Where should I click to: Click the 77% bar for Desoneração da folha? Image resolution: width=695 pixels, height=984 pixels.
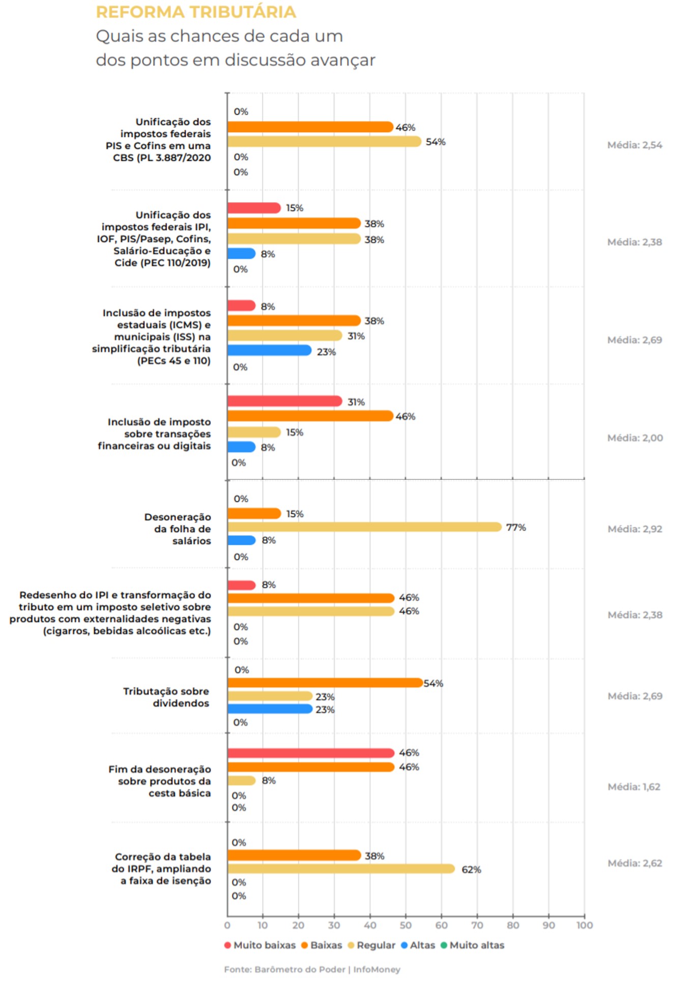point(364,527)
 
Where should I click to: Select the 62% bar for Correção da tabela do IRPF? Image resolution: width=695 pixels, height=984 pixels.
point(341,868)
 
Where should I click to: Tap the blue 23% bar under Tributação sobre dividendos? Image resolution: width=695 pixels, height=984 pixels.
point(270,708)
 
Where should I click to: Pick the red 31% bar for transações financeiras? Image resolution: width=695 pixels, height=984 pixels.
point(284,401)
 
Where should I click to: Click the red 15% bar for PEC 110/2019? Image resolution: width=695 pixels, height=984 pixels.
point(254,208)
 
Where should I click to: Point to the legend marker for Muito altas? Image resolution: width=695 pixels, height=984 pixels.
point(444,945)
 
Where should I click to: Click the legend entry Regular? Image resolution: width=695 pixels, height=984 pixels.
point(375,945)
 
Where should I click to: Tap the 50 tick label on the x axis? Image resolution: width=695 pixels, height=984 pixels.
point(406,925)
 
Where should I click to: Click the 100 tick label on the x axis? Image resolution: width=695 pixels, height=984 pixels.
point(585,925)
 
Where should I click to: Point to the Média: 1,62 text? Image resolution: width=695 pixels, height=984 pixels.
point(634,787)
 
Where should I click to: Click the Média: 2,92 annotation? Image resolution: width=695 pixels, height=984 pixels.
point(635,529)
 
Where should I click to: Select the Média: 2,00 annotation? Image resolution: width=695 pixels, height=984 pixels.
point(635,438)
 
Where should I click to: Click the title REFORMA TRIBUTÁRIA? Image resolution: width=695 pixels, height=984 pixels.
point(196,12)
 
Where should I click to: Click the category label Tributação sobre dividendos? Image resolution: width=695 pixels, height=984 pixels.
point(166,697)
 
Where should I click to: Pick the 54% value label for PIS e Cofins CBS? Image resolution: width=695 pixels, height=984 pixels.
point(436,142)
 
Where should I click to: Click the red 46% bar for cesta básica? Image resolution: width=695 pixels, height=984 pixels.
point(311,753)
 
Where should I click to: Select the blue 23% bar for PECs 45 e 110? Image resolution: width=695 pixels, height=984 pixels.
point(269,350)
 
